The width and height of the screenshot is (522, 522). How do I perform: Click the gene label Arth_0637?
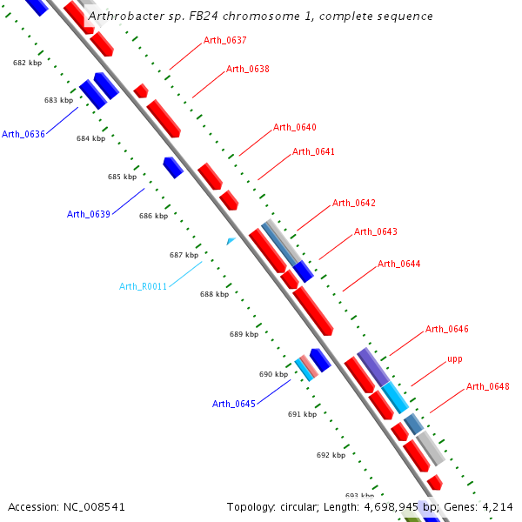point(224,40)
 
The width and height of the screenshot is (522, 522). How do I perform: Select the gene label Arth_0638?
point(247,69)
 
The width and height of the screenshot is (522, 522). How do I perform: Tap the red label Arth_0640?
point(295,127)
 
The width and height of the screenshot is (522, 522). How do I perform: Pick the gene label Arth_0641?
point(313,151)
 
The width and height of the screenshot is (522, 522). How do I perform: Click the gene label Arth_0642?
point(353,203)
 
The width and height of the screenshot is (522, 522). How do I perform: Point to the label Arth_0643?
point(375,231)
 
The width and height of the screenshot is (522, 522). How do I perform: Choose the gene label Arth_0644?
point(398,264)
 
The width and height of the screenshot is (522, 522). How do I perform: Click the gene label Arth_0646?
point(446,329)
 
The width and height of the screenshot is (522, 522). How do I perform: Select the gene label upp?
point(454,358)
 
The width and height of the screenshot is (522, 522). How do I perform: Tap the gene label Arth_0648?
point(487,386)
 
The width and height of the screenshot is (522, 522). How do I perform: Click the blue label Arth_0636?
point(23,134)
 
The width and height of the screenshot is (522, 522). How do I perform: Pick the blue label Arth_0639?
point(89,214)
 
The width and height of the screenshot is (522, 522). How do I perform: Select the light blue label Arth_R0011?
point(143,286)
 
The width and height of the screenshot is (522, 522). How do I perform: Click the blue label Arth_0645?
point(234,404)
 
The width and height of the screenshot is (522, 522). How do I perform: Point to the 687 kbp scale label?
point(184,255)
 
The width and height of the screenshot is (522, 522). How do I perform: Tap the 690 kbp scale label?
point(273,374)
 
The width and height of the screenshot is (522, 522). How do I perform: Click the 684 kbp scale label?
point(90,138)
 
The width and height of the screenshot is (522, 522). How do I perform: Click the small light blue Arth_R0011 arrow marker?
point(231,240)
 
